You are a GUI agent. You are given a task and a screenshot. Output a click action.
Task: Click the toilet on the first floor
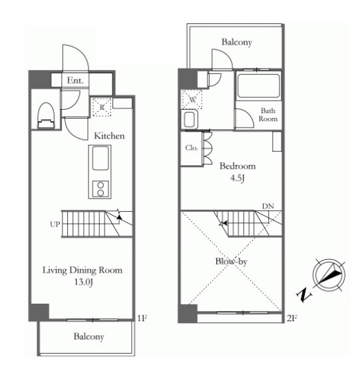click(x=46, y=115)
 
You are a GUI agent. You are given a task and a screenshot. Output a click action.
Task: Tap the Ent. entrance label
click(x=75, y=81)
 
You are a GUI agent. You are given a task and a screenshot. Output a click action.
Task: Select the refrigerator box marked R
click(x=102, y=107)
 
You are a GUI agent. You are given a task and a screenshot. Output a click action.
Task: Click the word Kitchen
click(x=109, y=136)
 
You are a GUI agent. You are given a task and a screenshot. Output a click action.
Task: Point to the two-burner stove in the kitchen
click(x=101, y=188)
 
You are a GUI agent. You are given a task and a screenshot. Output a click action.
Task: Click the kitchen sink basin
click(x=100, y=158)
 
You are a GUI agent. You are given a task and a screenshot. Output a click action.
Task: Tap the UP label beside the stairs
click(x=55, y=224)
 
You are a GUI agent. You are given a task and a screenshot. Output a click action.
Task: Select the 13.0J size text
click(x=83, y=282)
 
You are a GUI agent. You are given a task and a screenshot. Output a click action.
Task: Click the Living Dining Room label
click(x=83, y=270)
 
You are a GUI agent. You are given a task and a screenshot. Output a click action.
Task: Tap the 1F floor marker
click(x=142, y=318)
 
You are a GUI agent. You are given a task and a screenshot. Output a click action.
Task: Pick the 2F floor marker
click(x=291, y=318)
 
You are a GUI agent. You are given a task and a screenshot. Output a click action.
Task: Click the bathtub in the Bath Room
click(x=258, y=86)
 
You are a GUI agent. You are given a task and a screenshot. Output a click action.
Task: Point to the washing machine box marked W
click(x=192, y=99)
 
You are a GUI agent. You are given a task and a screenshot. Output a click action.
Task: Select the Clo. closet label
click(x=191, y=148)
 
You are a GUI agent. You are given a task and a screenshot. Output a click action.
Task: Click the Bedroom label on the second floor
click(x=238, y=166)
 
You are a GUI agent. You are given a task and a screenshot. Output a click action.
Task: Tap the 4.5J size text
click(x=237, y=178)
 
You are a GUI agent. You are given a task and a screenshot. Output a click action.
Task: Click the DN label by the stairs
click(x=268, y=206)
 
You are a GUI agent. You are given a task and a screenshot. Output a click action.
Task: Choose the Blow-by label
click(x=231, y=261)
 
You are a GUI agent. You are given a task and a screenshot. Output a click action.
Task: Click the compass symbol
click(x=329, y=274)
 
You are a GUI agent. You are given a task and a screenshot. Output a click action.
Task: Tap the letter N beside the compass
click(x=303, y=294)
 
